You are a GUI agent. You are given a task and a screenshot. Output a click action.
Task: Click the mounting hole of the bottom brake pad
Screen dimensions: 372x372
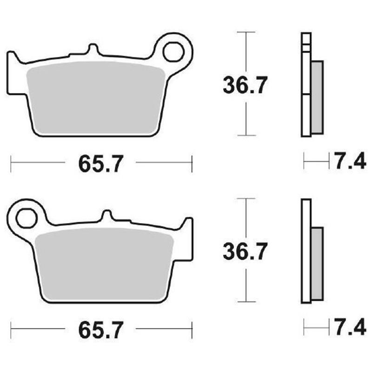click(27, 218)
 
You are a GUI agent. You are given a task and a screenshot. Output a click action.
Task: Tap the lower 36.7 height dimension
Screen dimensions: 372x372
click(245, 252)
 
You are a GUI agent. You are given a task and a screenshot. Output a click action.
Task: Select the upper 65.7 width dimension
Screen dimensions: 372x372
click(101, 163)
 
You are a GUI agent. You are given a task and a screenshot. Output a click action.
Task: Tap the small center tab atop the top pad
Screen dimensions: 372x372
click(93, 49)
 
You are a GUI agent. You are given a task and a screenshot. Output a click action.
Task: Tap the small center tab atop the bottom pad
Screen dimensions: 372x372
click(107, 215)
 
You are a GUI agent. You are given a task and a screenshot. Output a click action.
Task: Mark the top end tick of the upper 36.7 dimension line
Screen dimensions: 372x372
click(246, 32)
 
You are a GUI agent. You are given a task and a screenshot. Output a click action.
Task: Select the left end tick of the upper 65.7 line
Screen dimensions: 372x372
click(11, 163)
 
